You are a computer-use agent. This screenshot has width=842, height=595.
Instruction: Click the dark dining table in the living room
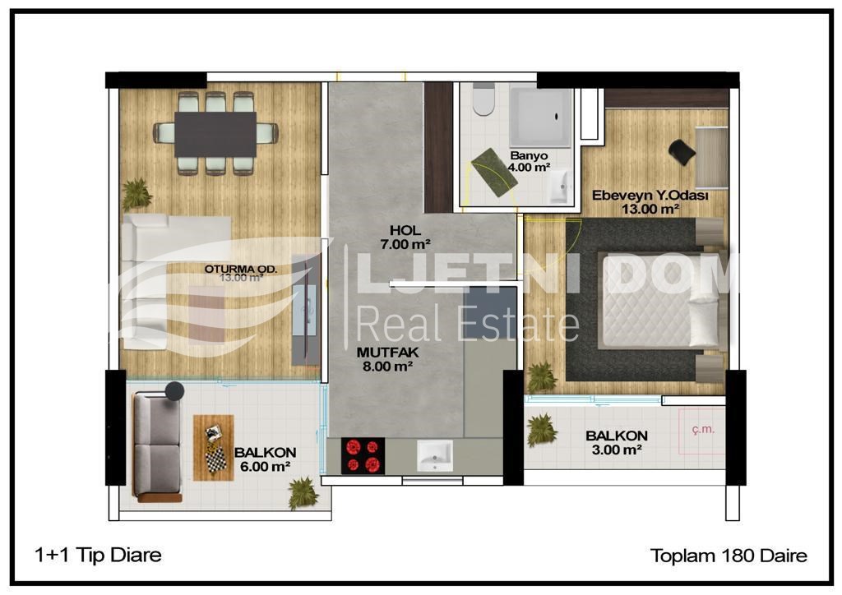click(x=215, y=134)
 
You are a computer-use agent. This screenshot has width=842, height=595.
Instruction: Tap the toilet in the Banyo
click(x=483, y=99)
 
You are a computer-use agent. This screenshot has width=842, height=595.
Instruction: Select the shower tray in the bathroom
click(x=540, y=117)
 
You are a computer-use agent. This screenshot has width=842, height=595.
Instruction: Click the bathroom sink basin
click(x=559, y=187)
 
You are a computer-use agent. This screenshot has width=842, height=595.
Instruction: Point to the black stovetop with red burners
click(x=363, y=455)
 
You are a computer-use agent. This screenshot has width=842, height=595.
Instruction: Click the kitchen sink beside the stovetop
click(x=434, y=455)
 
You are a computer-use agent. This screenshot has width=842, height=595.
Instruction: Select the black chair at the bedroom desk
click(x=682, y=152)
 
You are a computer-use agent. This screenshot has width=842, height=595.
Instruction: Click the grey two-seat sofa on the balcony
click(x=158, y=446)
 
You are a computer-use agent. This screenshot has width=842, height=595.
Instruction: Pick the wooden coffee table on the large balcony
click(x=213, y=447)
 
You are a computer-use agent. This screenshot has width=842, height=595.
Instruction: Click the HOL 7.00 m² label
click(x=405, y=238)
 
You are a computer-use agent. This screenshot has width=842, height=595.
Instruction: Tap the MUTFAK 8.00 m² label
click(x=387, y=359)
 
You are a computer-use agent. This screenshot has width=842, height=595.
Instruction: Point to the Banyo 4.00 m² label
click(x=529, y=161)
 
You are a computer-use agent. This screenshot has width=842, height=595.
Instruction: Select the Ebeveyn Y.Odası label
click(x=650, y=196)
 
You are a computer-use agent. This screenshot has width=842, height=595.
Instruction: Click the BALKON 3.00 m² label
click(x=617, y=443)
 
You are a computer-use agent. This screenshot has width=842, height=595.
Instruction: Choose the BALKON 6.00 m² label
click(x=266, y=459)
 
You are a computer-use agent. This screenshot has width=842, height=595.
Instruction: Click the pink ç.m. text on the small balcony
click(x=703, y=429)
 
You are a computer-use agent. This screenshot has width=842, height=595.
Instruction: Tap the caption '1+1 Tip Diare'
click(x=98, y=555)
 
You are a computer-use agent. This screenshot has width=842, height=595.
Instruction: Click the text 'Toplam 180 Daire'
click(x=729, y=556)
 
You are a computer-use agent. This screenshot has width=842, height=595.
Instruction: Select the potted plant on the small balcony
click(x=541, y=430)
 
